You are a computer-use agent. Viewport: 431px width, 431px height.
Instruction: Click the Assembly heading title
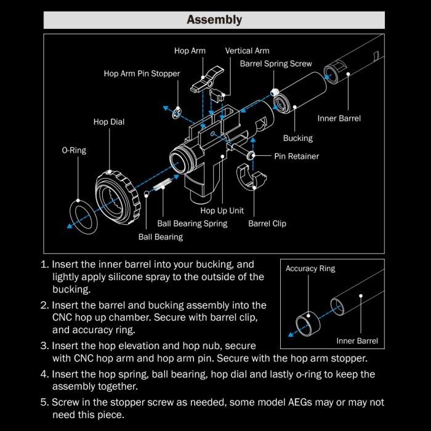214,20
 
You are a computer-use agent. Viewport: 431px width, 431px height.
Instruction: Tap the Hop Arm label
190,50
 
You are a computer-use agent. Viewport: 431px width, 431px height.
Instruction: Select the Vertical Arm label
247,50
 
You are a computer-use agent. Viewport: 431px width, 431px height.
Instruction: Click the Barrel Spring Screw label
276,63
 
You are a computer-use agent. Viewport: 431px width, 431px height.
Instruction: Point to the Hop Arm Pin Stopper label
142,74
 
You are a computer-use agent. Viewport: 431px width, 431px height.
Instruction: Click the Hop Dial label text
109,122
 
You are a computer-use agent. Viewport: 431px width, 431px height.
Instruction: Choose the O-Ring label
74,150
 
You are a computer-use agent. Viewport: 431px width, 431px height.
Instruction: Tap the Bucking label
298,138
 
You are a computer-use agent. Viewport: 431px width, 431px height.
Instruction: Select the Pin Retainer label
297,156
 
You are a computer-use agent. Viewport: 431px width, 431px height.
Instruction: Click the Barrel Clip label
267,224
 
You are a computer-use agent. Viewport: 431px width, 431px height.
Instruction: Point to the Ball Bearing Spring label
192,224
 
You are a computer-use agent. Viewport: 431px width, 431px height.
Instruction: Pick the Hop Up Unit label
222,211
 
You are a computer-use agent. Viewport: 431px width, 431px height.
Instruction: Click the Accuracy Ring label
310,269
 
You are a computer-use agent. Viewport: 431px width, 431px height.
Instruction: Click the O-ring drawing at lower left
82,216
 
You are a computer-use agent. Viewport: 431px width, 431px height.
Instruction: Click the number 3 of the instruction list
44,346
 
